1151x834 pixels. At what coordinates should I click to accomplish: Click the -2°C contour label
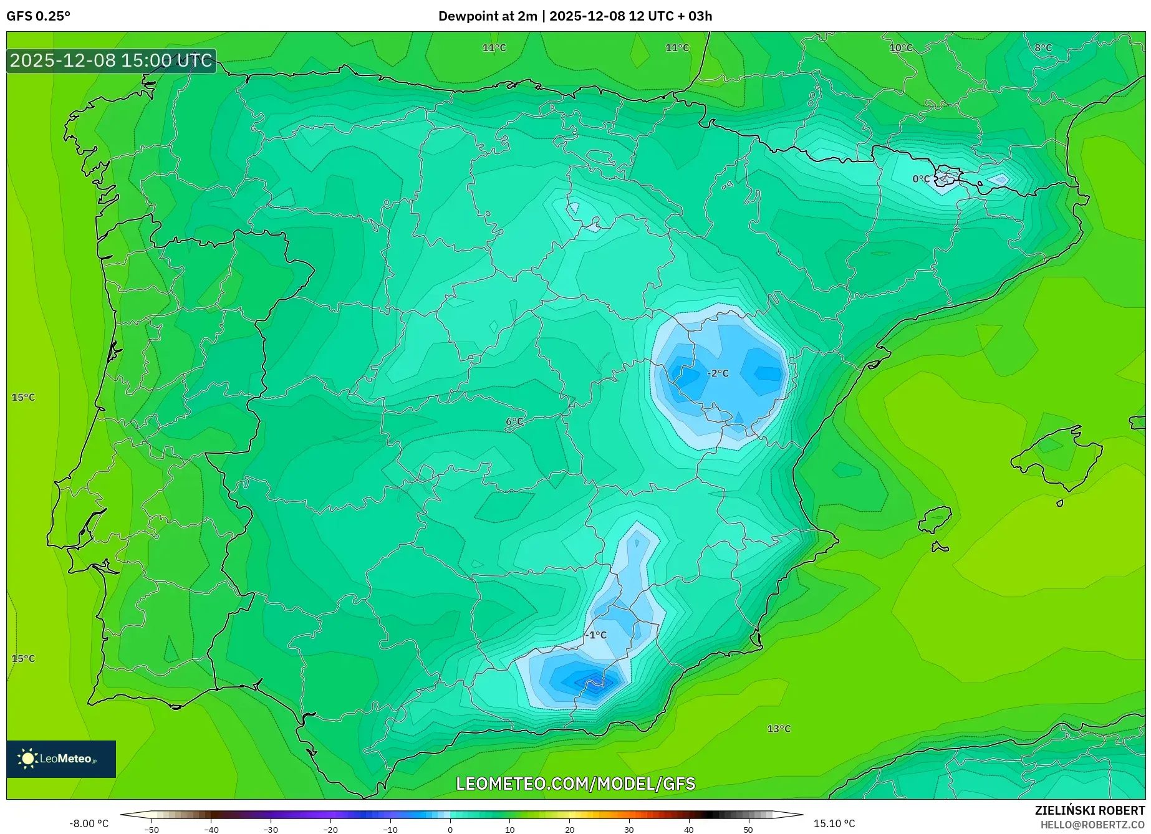coord(718,373)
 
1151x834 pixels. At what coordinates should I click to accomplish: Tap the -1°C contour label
coord(595,635)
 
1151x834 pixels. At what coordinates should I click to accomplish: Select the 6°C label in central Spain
coord(514,422)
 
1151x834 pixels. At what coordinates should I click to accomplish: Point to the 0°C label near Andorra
coord(921,179)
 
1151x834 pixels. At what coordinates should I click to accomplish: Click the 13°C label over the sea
coord(779,729)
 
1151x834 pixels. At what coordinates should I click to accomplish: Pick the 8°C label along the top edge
coord(1043,48)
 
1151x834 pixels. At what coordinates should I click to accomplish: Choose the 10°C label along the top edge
coord(901,48)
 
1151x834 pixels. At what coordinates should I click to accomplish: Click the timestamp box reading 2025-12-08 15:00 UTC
coord(111,60)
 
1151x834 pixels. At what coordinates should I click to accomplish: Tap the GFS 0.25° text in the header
coord(39,16)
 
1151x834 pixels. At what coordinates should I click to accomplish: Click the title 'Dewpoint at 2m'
coord(487,16)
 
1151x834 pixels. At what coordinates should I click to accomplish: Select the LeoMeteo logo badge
coord(61,759)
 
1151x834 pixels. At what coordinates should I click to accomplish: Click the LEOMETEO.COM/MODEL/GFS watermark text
coord(575,784)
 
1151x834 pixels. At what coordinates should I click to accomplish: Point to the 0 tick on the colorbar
coord(450,829)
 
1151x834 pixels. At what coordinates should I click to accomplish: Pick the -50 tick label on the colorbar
coord(152,829)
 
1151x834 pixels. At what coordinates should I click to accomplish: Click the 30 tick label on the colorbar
coord(629,829)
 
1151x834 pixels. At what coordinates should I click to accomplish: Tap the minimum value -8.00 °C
coord(89,823)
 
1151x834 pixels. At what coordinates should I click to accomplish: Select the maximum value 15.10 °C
coord(834,823)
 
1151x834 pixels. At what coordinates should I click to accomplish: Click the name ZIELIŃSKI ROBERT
coord(1090,810)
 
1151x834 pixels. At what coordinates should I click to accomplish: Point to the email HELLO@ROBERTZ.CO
coord(1092,825)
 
